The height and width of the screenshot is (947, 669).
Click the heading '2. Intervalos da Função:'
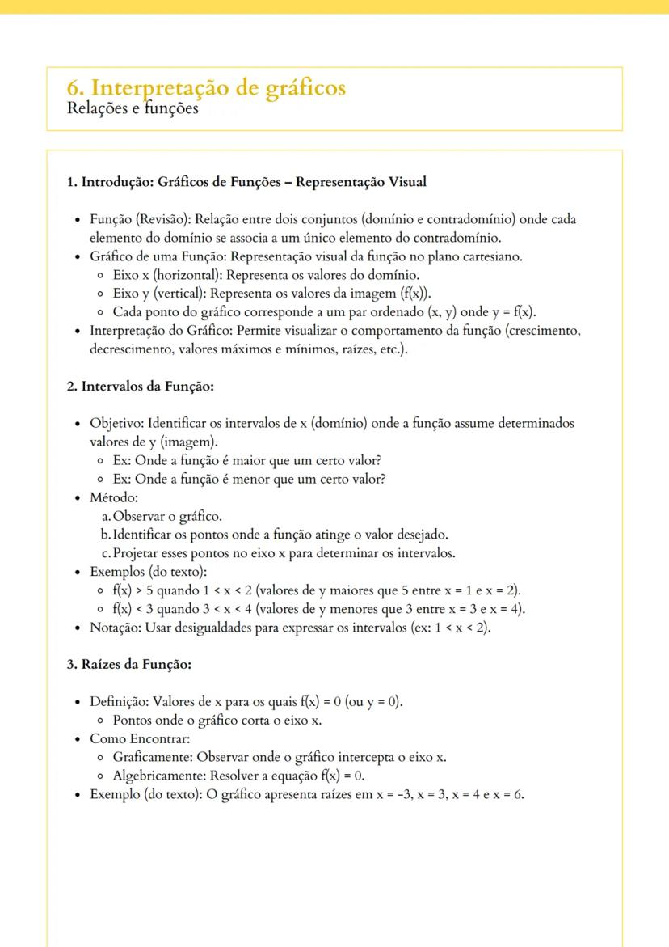tap(140, 387)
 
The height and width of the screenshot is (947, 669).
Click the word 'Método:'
tap(114, 497)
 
